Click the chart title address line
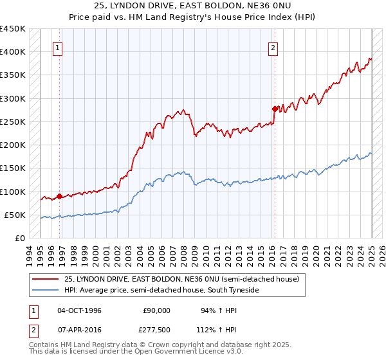[192, 6]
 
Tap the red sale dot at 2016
[275, 109]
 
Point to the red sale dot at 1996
[59, 196]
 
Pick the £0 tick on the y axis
[19, 239]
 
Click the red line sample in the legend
[44, 279]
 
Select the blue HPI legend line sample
[44, 291]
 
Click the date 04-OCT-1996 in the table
[79, 310]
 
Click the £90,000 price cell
[156, 310]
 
